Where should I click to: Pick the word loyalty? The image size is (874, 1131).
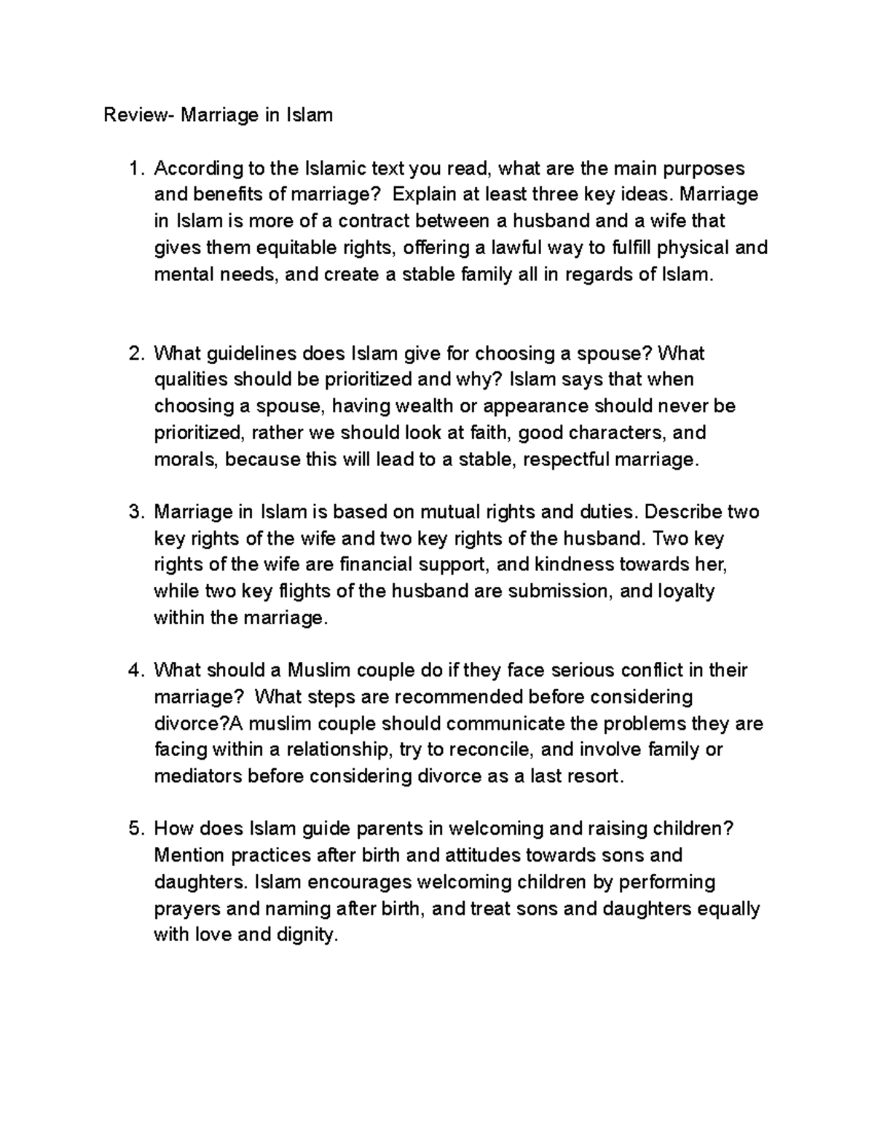(685, 591)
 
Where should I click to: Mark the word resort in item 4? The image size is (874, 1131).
(598, 776)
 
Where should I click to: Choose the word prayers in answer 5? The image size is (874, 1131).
(187, 909)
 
